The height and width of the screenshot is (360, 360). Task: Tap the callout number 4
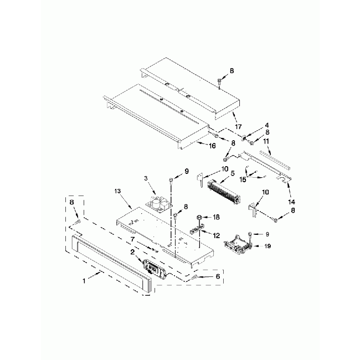pos(251,125)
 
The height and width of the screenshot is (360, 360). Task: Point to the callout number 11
pos(266,142)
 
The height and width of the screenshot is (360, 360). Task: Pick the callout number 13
pos(117,191)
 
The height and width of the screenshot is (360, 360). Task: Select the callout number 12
pos(216,235)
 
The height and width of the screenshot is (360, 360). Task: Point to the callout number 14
pos(292,202)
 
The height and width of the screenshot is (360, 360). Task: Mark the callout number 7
pos(132,239)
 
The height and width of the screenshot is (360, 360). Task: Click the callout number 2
pos(132,252)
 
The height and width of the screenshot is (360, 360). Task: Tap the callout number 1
pos(84,281)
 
